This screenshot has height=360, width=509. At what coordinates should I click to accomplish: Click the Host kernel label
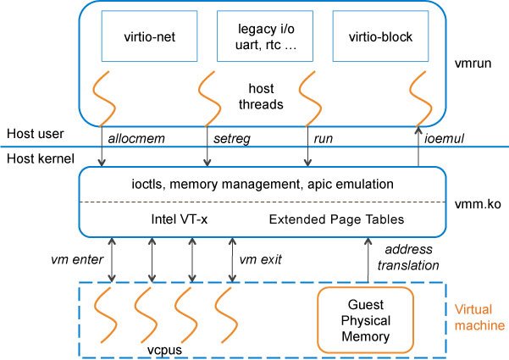[36, 158]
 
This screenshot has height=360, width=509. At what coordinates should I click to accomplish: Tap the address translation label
[408, 258]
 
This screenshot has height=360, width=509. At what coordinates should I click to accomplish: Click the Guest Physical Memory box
[365, 319]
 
